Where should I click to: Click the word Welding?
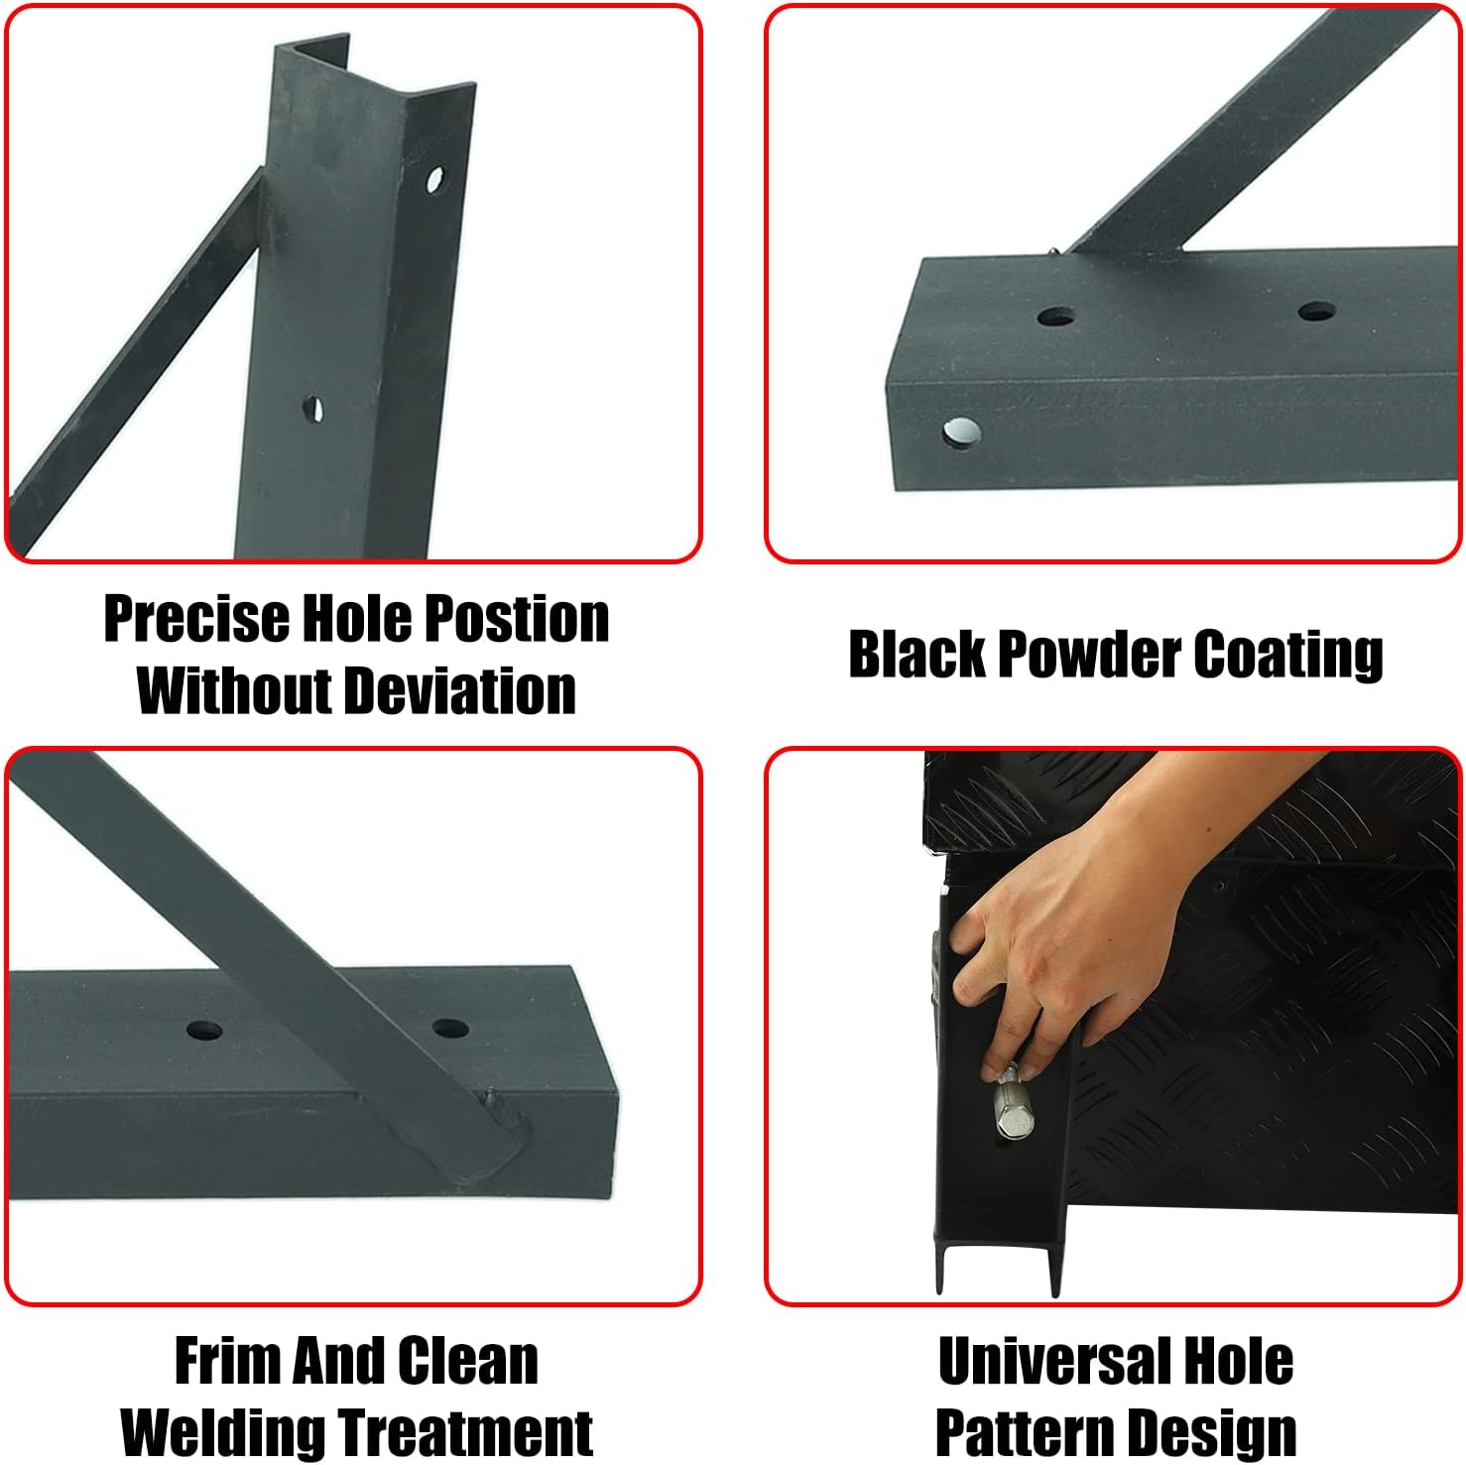pos(223,1432)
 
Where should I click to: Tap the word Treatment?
pos(465,1432)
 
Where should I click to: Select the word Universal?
pos(1040,1361)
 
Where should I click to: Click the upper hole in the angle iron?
pos(433,180)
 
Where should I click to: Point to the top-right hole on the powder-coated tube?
pos(1315,311)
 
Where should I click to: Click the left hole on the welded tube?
pos(203,1029)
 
